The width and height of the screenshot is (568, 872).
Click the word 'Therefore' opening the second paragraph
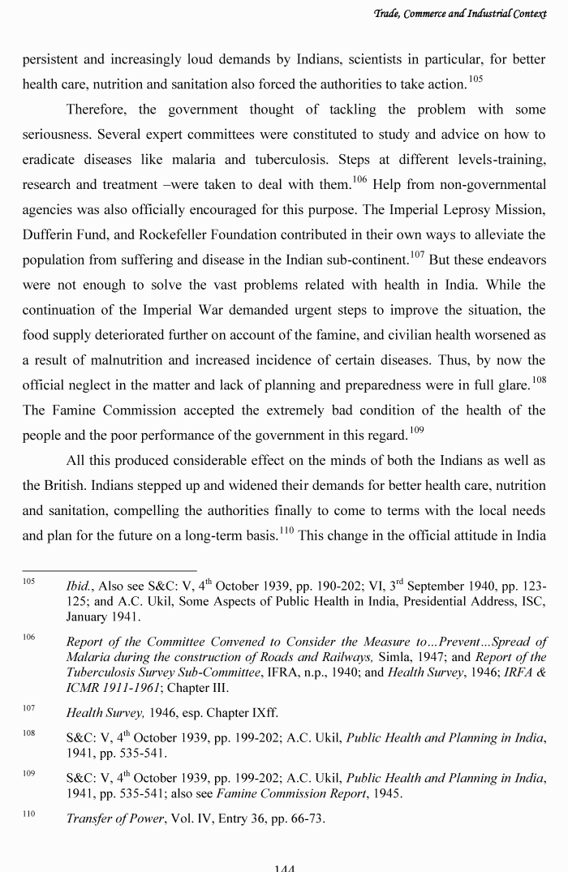point(98,110)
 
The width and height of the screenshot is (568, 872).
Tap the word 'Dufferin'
point(48,235)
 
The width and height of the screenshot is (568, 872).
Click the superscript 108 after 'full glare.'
point(539,379)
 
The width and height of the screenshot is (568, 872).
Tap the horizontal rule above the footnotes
point(109,570)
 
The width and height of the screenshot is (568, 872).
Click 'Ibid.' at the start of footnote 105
point(80,586)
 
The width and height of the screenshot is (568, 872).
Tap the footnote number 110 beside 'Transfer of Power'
point(28,813)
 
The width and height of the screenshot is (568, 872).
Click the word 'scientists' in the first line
point(310,59)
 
